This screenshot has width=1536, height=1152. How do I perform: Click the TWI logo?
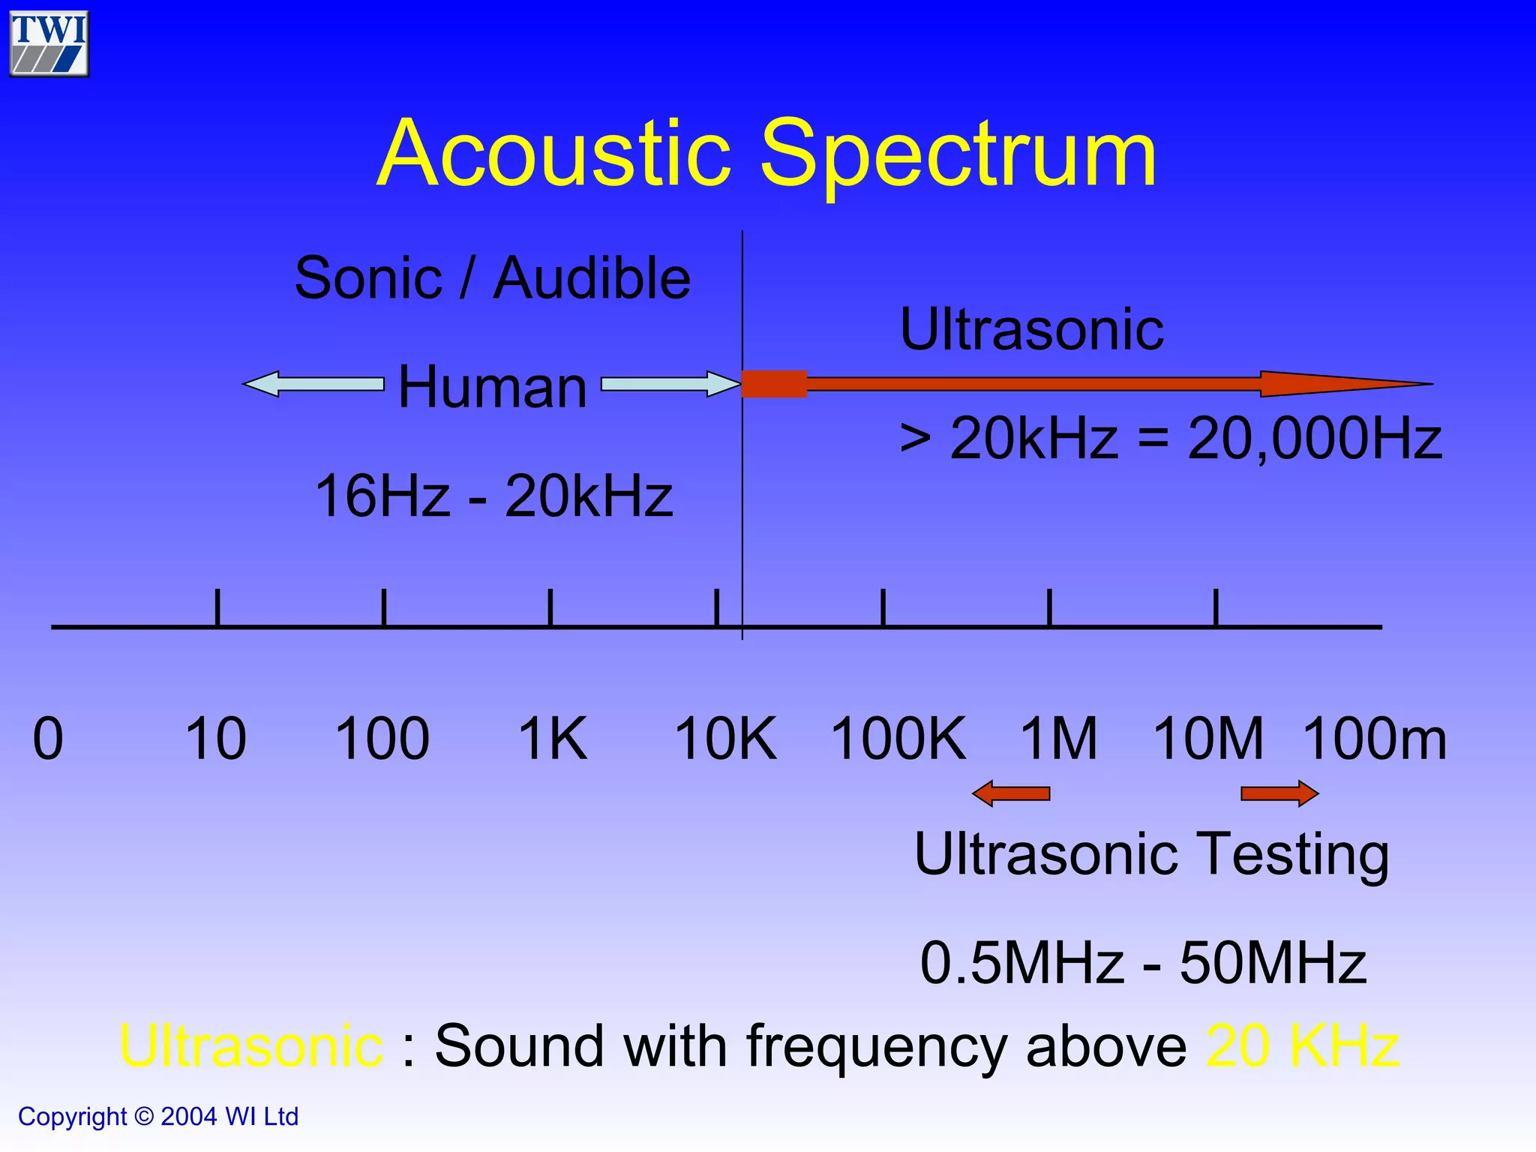click(49, 43)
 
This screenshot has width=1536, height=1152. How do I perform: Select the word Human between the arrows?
click(492, 387)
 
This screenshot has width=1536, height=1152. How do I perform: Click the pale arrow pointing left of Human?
click(313, 384)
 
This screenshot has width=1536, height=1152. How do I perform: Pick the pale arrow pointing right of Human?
click(670, 384)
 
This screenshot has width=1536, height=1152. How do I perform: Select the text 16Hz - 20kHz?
click(493, 496)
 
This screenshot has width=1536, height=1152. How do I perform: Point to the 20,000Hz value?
click(1314, 439)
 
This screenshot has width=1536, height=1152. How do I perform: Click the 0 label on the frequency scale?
click(48, 739)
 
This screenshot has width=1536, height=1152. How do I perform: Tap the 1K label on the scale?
click(553, 739)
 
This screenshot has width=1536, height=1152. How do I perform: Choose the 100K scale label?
click(898, 739)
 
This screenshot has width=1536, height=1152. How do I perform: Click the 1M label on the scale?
click(1058, 739)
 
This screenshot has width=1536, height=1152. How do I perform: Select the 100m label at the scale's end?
click(1375, 739)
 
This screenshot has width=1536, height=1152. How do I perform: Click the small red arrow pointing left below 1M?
click(1011, 793)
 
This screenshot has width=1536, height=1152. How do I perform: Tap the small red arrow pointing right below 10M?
click(1279, 793)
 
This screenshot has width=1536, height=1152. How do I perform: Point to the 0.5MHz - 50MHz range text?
click(1143, 963)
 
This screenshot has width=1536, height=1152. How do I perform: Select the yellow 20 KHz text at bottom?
click(1303, 1046)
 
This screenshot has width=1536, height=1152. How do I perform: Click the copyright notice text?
click(158, 1117)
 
